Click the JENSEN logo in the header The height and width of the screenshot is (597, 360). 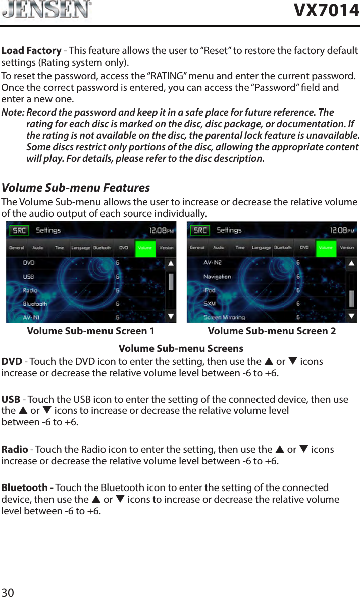tap(46, 10)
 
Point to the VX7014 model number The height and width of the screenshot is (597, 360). tap(327, 10)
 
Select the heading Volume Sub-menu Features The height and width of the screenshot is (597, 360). tap(76, 188)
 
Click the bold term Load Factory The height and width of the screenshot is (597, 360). tap(31, 51)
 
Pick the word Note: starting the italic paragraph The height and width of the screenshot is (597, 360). tap(13, 112)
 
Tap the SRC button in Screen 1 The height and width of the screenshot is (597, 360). tap(19, 230)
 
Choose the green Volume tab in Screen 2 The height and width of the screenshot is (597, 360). tap(326, 248)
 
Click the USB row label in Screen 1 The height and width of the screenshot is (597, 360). tap(29, 277)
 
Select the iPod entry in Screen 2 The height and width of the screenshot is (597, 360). tap(210, 290)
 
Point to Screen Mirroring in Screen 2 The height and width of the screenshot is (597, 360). tap(224, 317)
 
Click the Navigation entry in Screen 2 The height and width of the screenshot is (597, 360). tap(217, 277)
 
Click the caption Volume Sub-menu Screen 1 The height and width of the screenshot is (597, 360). tap(91, 331)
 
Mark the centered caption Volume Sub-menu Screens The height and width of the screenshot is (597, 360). tap(181, 349)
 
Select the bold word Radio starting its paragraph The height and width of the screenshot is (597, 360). tap(15, 449)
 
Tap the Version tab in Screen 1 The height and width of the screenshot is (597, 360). tap(166, 248)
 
